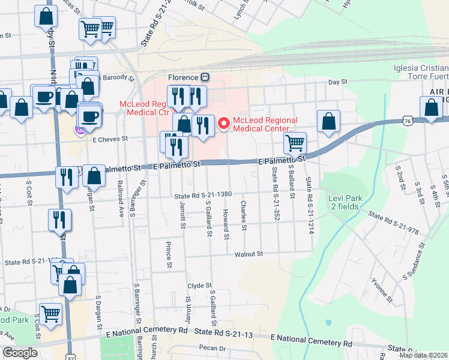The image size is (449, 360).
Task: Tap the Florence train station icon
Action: pos(205,77)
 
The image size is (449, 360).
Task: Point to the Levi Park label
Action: pos(343,202)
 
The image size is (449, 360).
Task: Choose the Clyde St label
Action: pos(200,286)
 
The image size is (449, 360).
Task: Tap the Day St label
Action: pos(337,82)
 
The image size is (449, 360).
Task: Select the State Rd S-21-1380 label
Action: pos(203,196)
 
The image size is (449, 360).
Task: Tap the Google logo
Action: pos(20,353)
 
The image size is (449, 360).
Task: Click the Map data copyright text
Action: pos(423,355)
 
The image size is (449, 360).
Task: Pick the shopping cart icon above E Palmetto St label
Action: pos(294,143)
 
